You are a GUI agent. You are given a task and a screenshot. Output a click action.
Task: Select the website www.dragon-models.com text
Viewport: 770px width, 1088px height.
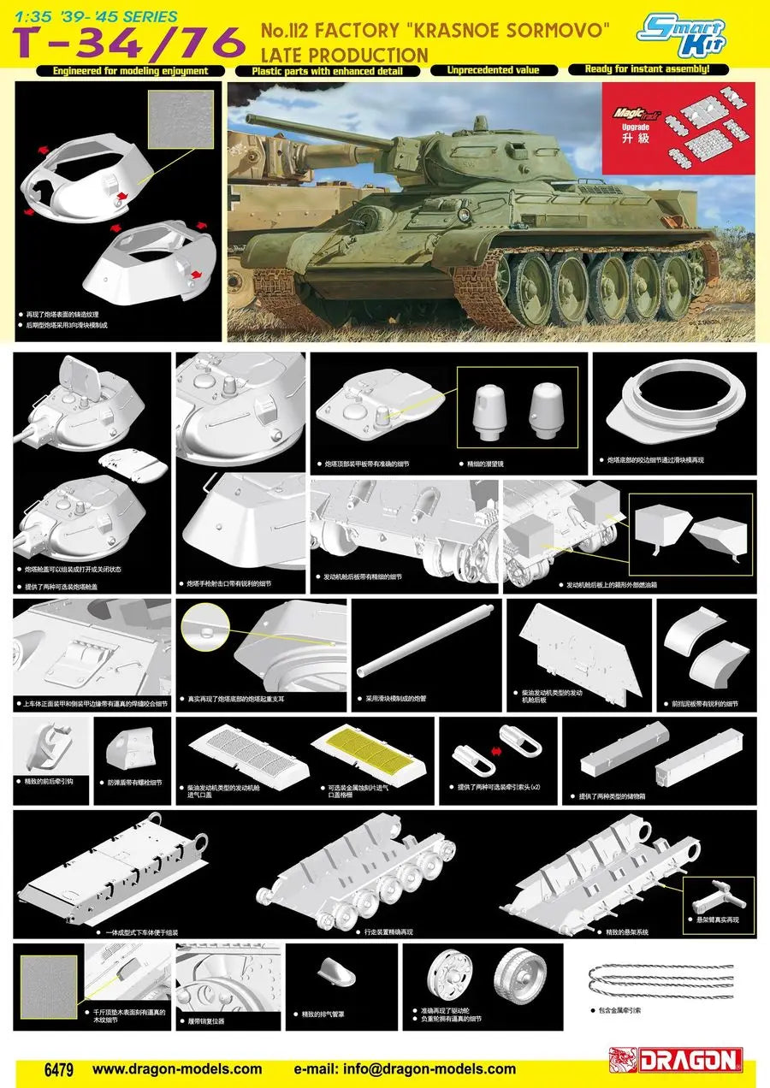point(177,1068)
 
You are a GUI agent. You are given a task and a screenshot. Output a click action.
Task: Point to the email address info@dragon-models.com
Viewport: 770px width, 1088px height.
point(405,1068)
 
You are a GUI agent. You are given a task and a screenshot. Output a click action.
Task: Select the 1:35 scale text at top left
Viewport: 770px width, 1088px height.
point(26,16)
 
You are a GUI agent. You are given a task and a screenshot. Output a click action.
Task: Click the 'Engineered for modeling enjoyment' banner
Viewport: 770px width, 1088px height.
point(129,70)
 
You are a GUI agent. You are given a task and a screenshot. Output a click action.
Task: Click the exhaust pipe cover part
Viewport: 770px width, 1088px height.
point(329,973)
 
